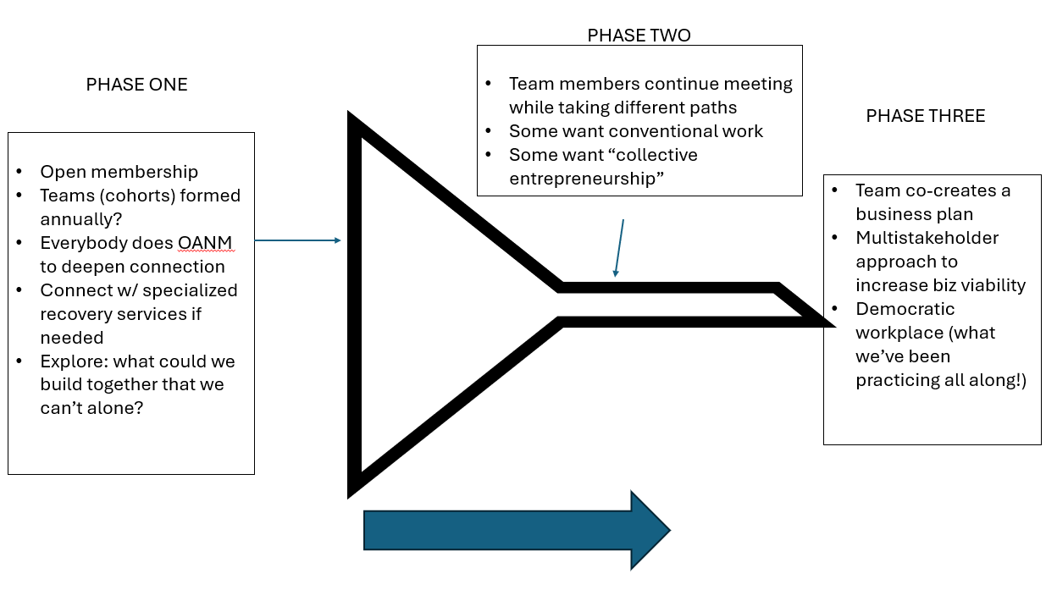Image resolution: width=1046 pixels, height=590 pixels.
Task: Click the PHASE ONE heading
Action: click(x=136, y=85)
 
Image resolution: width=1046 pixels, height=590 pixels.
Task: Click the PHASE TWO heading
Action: click(x=639, y=36)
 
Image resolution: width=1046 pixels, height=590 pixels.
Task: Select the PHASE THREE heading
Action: click(x=925, y=116)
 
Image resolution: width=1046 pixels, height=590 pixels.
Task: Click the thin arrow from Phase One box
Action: click(x=297, y=240)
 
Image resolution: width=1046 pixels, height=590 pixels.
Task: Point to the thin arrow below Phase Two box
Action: click(x=619, y=248)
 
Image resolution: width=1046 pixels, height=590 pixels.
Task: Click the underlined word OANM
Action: click(x=204, y=244)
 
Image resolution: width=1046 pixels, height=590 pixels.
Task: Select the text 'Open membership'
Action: click(x=119, y=172)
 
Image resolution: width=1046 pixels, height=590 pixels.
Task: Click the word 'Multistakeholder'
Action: click(x=927, y=238)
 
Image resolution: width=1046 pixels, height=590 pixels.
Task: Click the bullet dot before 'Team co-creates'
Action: click(x=836, y=190)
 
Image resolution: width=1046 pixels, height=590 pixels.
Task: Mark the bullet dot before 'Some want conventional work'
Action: click(x=489, y=132)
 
